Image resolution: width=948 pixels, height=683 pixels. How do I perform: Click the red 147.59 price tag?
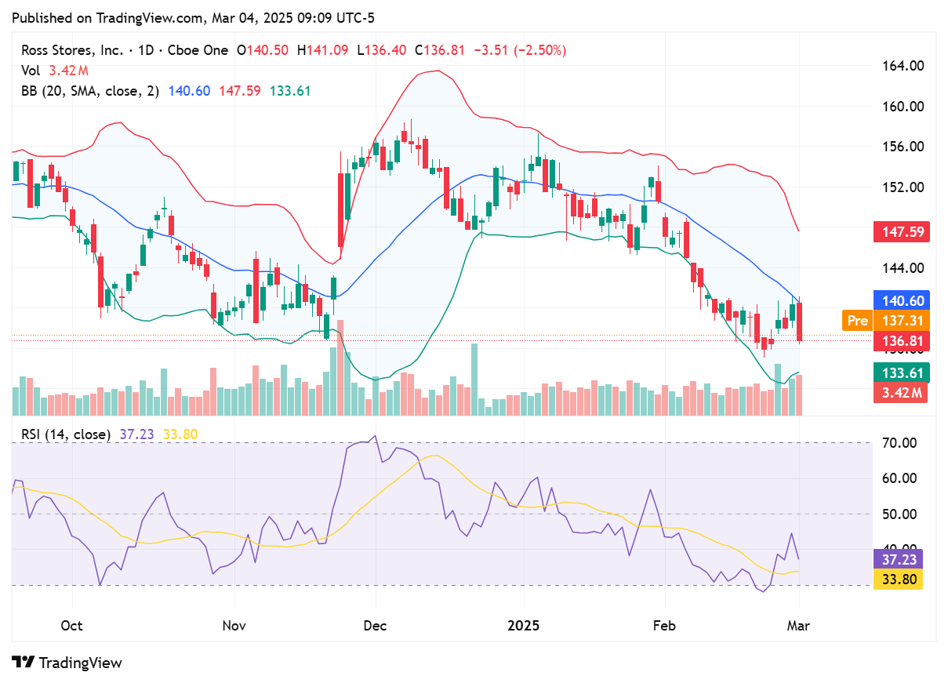pos(900,232)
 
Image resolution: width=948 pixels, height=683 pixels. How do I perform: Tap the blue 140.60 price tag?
pos(900,300)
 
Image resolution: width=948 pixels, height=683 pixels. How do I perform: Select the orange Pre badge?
pos(857,320)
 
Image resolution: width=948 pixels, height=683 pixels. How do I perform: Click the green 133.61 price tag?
pos(900,372)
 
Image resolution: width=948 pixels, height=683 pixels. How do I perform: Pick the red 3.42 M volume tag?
pos(900,392)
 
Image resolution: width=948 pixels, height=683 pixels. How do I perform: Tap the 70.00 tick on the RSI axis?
pos(895,443)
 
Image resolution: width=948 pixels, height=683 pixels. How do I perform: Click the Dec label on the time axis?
pos(376,626)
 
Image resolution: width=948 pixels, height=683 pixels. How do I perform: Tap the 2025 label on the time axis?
pos(523,626)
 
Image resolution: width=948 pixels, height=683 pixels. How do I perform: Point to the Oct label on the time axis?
pos(71,626)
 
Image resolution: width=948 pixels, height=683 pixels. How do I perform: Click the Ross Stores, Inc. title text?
pos(71,50)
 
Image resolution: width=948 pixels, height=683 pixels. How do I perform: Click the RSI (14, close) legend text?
pos(66,434)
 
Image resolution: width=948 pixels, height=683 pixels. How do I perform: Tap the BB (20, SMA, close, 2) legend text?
pos(90,91)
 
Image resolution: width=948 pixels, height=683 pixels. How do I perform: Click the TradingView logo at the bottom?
pos(67,663)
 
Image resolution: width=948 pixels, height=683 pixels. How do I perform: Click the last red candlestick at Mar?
pos(800,322)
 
